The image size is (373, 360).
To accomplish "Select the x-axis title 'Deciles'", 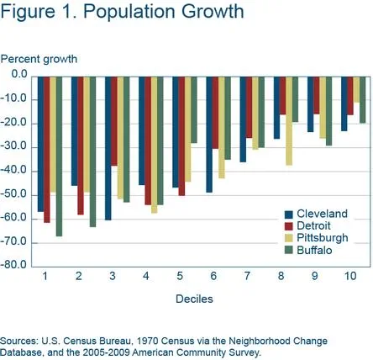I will point(193,299).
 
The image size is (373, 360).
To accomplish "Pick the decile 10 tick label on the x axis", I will point(349,277).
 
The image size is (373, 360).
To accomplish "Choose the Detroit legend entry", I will point(315,226).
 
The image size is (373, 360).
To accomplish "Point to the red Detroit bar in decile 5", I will point(181,135).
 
